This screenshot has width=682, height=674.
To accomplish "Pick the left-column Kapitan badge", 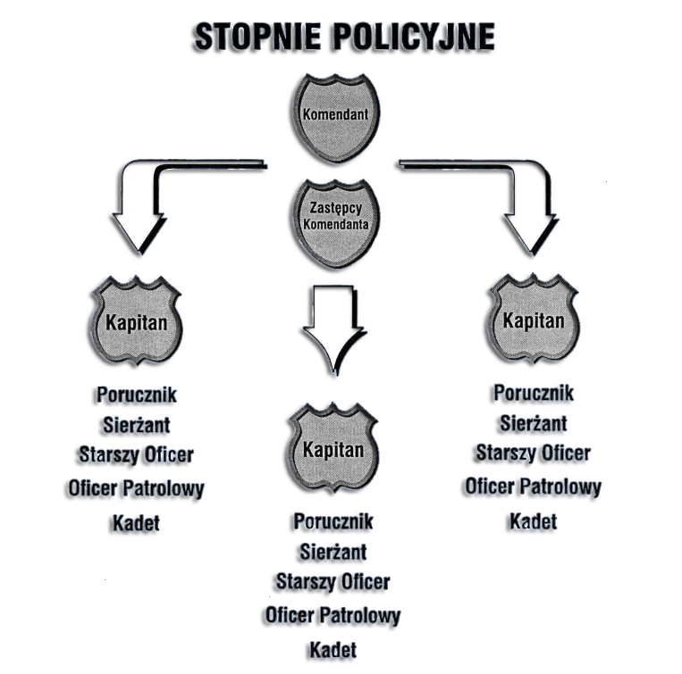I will click(137, 322).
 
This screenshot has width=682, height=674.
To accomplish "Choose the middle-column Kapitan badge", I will click(333, 449).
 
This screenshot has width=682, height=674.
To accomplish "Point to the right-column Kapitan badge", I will click(534, 320).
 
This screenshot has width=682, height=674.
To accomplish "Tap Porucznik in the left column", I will click(136, 394).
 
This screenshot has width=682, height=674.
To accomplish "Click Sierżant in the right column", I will click(533, 422).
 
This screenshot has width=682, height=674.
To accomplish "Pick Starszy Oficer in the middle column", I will click(333, 583).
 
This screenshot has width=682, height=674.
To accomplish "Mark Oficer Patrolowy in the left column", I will click(136, 489).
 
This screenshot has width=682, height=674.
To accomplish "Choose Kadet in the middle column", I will click(333, 650).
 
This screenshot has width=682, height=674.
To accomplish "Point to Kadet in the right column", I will click(533, 520).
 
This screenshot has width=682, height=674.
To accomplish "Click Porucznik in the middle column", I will click(333, 520).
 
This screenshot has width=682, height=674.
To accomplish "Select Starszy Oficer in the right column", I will click(533, 454).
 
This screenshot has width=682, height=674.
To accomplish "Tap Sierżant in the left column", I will click(136, 425).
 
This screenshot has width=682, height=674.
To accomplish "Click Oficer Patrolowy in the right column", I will click(533, 487).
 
